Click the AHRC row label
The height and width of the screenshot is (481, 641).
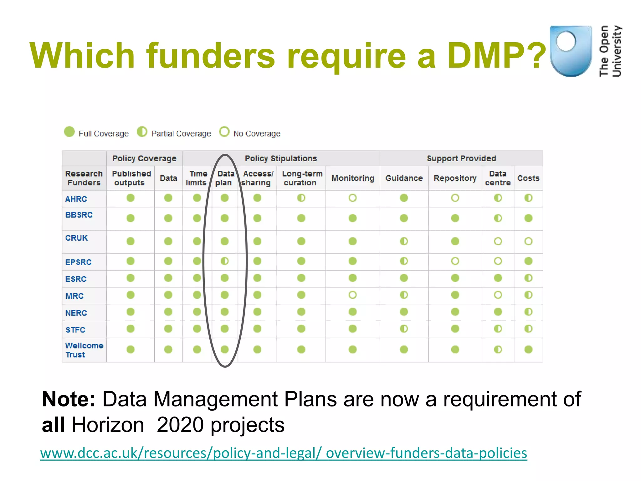[76, 199]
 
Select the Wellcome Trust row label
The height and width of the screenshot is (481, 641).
[84, 350]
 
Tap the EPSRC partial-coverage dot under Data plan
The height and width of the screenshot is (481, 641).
[225, 261]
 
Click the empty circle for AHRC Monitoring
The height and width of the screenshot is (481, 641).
[352, 198]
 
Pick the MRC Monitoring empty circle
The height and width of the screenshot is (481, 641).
[352, 295]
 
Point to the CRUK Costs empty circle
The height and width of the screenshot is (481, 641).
[528, 241]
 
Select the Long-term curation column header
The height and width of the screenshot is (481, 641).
[302, 178]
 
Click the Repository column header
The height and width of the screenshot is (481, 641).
[455, 178]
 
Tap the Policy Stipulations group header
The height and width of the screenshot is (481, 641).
[281, 158]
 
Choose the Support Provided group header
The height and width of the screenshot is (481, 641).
[461, 158]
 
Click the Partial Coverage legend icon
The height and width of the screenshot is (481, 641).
[142, 132]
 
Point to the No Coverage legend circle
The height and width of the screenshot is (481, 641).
[224, 132]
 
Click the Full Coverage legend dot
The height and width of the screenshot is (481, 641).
[69, 132]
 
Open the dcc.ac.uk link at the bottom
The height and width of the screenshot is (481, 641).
[284, 453]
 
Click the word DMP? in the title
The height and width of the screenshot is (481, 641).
[496, 56]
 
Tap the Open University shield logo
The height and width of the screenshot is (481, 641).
[570, 51]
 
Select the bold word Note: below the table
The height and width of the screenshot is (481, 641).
[69, 399]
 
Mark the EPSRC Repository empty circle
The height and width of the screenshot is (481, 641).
[455, 261]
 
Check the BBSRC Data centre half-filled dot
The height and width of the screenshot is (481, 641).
[498, 218]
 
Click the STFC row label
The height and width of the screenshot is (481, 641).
[75, 330]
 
